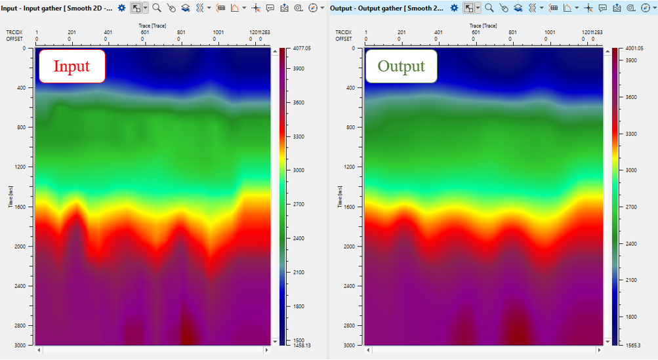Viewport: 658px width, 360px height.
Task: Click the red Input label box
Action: coord(72,66)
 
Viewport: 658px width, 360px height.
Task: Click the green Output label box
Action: coord(401,66)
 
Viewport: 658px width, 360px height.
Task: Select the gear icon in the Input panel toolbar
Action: coord(121,8)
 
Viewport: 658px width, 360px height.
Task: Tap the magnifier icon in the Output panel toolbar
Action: coord(489,8)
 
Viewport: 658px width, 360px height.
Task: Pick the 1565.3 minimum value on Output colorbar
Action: coord(632,345)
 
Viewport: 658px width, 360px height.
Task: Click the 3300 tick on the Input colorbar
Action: coord(299,136)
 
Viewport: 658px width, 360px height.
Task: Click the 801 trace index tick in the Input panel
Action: coord(181,32)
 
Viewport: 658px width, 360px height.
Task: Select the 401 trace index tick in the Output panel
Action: coord(437,32)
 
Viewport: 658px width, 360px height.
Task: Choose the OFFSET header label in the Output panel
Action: coord(344,39)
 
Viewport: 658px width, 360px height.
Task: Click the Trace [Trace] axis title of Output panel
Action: coord(483,24)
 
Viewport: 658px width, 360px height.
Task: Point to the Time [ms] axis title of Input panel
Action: coord(11,197)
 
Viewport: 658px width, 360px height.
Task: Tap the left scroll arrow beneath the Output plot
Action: coord(368,351)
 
